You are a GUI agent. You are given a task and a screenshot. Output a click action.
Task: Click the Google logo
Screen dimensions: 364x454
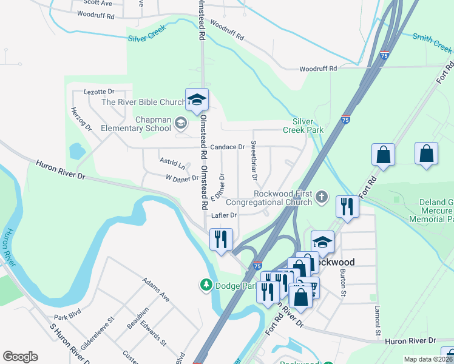(x=20, y=357)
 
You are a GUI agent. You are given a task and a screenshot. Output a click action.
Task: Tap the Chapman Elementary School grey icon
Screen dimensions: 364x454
(x=180, y=124)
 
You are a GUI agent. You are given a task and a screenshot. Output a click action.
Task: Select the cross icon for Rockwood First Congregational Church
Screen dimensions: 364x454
(x=322, y=197)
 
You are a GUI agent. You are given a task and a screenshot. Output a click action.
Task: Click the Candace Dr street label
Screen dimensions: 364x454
(x=227, y=147)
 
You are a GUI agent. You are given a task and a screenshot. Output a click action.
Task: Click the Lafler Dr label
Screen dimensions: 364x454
(x=224, y=215)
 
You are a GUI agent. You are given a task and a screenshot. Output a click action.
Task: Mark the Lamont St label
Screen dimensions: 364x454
(x=377, y=320)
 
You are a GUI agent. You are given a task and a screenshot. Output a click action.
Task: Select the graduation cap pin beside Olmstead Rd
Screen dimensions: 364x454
(x=197, y=99)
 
